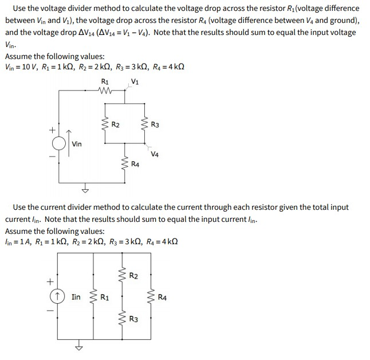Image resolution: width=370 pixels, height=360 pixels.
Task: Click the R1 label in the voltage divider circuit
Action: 105,81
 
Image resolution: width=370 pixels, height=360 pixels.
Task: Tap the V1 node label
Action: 135,81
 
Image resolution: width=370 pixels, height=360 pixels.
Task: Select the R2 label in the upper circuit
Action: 115,124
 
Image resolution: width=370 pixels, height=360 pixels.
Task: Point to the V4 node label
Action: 155,154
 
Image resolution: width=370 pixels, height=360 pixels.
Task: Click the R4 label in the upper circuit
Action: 135,165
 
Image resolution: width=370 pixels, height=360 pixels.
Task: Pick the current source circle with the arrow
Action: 56,297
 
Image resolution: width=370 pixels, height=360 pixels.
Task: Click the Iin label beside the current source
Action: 76,298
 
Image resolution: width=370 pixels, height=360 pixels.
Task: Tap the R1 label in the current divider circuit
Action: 105,298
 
